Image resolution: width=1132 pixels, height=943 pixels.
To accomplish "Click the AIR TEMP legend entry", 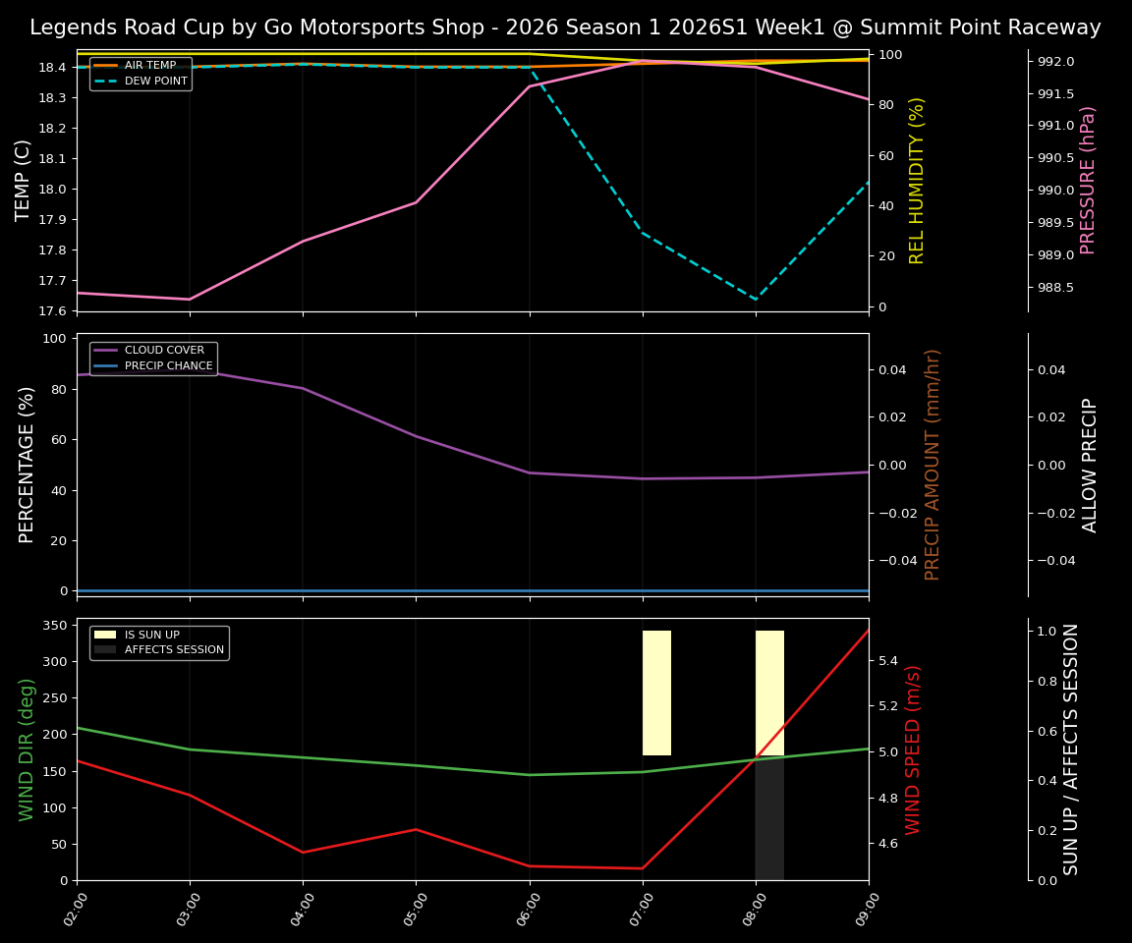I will point(149,66).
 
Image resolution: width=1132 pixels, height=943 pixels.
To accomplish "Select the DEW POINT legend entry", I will point(155,82).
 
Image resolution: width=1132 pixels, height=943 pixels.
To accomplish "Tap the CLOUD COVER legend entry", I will point(164,351).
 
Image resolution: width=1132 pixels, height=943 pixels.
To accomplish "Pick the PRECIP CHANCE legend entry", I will point(168,366).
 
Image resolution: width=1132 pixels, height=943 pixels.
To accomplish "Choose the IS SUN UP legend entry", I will point(151,636).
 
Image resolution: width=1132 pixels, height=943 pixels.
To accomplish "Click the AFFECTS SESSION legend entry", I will point(174,650).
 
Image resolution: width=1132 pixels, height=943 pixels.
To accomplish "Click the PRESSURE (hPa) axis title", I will point(1088,180).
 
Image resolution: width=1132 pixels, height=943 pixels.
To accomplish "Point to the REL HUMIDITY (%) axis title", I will point(917,180).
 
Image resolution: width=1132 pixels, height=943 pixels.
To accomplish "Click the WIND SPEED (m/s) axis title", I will point(914,749).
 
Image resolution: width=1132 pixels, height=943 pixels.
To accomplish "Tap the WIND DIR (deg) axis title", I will point(27,749).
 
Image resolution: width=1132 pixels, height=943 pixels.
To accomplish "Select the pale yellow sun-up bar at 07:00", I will point(656,693).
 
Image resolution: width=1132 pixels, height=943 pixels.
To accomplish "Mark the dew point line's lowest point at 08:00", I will point(756,301).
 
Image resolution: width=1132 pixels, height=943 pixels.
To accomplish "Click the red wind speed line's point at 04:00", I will point(303,852).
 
